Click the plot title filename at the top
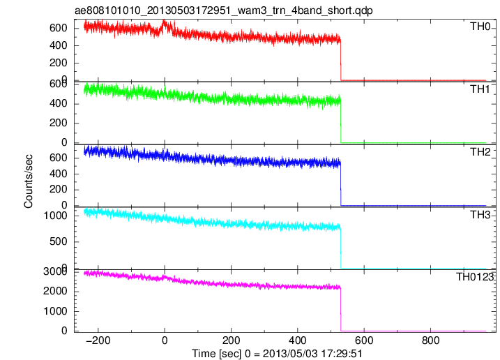[224, 10]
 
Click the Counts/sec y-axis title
[29, 181]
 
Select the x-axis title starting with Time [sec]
[277, 354]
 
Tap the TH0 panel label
[480, 27]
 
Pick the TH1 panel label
[480, 89]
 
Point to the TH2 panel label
[480, 152]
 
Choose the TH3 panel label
[480, 215]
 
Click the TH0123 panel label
[474, 277]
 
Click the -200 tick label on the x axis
[98, 340]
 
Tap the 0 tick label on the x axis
[165, 340]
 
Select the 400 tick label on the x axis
[298, 340]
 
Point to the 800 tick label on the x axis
[430, 340]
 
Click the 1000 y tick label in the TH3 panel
[55, 216]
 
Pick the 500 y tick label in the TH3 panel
[58, 241]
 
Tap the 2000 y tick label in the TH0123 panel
[55, 291]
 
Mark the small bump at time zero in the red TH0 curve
[164, 25]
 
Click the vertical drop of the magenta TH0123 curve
[340, 309]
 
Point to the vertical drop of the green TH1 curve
[340, 121]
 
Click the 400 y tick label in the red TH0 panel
[58, 45]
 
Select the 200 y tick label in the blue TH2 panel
[58, 190]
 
